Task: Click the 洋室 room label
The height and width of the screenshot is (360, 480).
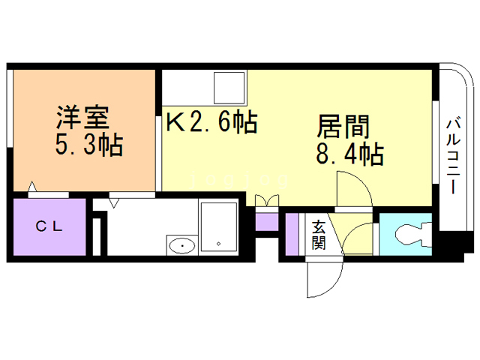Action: click(x=83, y=118)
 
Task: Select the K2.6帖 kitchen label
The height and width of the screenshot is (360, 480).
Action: click(x=213, y=121)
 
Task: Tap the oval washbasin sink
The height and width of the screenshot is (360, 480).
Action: click(x=181, y=244)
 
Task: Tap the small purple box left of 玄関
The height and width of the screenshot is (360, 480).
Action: click(x=292, y=235)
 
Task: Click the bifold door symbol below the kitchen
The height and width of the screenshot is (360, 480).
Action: click(x=266, y=200)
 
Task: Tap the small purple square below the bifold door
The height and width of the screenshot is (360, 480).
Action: click(x=266, y=222)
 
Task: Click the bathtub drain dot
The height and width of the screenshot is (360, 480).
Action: click(x=218, y=244)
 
